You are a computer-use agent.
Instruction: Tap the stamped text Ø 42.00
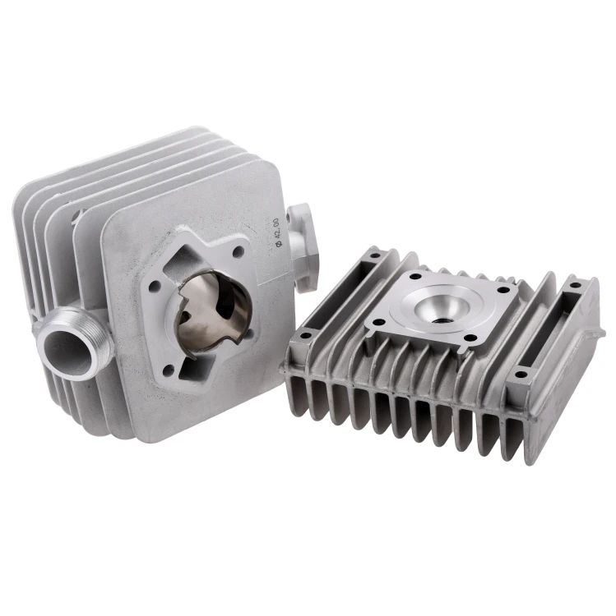(x=279, y=232)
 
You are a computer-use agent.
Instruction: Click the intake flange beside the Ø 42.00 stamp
(x=302, y=247)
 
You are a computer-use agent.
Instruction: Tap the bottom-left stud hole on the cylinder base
(x=169, y=369)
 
